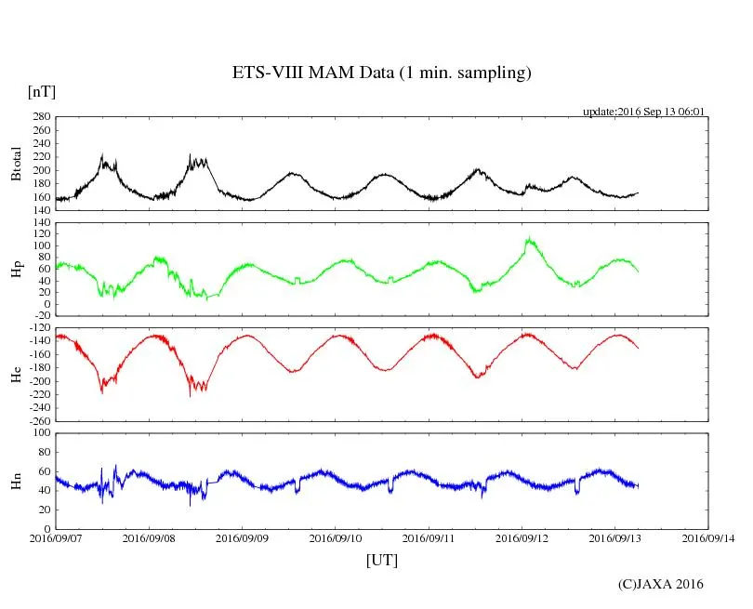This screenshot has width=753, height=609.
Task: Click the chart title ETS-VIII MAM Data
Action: point(381,73)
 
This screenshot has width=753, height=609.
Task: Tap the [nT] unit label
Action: point(42,91)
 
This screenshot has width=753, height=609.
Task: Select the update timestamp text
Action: point(643,112)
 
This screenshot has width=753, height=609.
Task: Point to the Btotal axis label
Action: point(16,164)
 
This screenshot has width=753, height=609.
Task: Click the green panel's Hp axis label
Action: point(16,270)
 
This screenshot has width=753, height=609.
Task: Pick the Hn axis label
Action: point(16,481)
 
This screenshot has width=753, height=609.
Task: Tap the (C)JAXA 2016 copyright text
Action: point(660,584)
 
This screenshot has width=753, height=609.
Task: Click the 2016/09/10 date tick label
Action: point(336,537)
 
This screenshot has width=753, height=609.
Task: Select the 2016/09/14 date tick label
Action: point(708,537)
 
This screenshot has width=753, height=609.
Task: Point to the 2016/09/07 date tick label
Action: point(56,537)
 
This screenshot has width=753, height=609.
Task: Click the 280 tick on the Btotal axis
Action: point(40,117)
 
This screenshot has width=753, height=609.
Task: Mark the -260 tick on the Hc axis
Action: point(37,420)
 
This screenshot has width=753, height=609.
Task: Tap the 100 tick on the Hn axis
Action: point(40,433)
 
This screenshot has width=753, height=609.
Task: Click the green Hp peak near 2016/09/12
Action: point(529,239)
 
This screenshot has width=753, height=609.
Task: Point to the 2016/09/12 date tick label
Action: point(522,537)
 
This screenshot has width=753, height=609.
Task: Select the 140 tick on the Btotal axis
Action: point(40,210)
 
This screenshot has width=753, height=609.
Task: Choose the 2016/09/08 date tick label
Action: point(149,537)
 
